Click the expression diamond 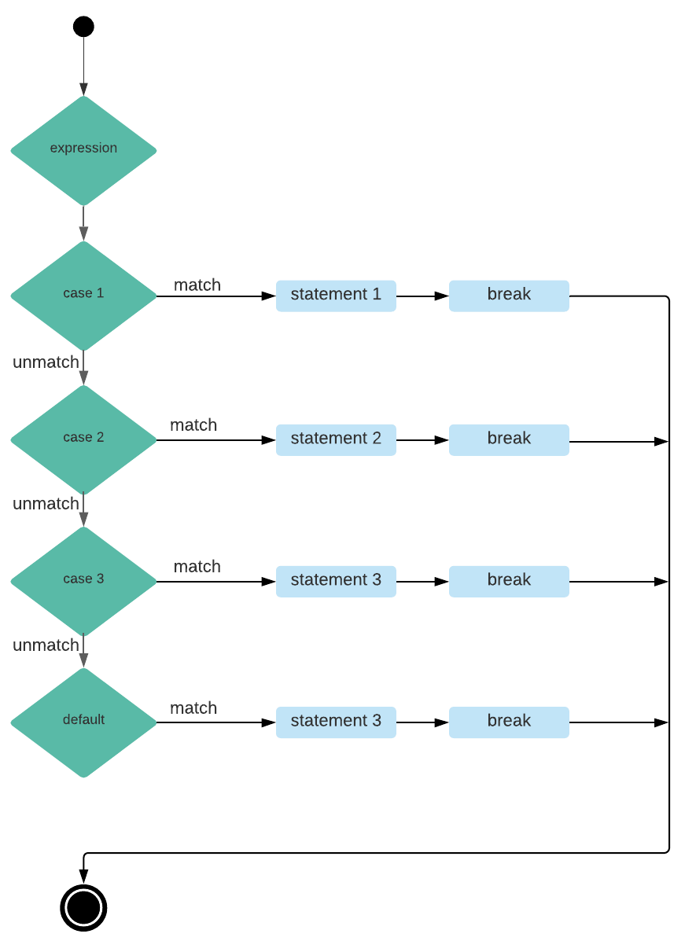83,150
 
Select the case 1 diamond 83,295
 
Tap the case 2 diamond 83,439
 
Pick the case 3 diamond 83,580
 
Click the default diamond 83,722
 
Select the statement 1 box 336,296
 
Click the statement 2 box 336,439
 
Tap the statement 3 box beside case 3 336,581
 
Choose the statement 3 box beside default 336,722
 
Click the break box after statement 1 509,296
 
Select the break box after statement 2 509,439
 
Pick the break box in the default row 509,722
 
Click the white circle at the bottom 83,907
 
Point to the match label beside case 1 197,285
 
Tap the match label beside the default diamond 193,708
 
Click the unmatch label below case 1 46,362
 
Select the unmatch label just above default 46,645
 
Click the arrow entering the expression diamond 83,67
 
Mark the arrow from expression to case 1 83,223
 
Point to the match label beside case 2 193,425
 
